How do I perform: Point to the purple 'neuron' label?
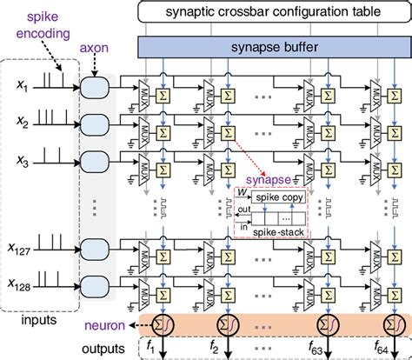pos(109,325)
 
